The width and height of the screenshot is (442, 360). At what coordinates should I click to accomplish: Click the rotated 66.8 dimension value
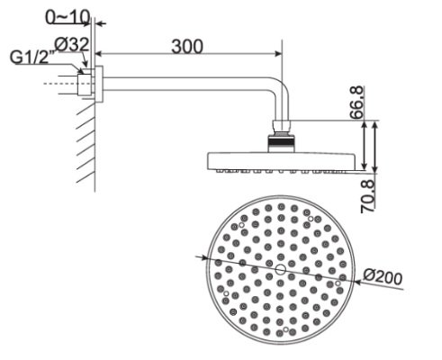click(358, 101)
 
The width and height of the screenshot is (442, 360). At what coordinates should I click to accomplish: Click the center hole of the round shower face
click(280, 269)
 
